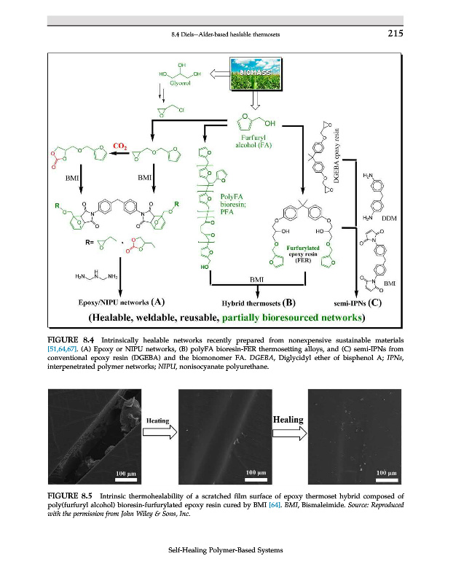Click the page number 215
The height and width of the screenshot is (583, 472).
395,33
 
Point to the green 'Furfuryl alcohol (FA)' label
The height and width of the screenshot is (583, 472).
255,141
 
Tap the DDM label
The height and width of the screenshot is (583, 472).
388,218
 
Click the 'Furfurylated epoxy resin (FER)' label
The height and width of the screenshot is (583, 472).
301,254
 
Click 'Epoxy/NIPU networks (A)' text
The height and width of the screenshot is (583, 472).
121,300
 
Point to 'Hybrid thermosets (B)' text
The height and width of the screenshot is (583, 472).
258,300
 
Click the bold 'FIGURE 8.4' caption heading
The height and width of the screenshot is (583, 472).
69,339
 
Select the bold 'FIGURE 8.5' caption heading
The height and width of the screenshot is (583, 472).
69,496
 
